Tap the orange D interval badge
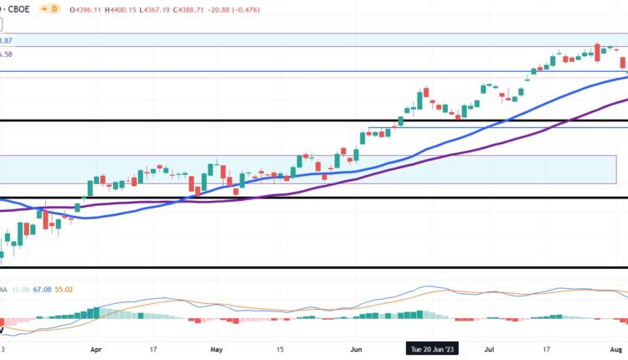click(54, 8)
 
